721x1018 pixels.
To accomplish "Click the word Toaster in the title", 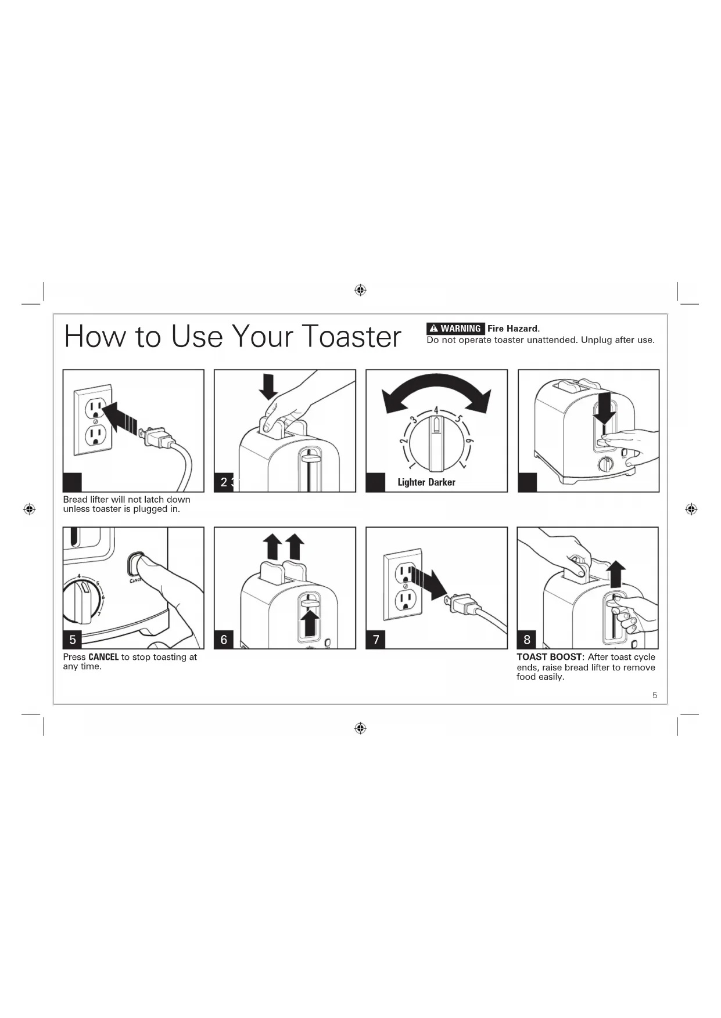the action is [x=351, y=337].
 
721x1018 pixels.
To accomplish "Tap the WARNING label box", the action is [x=455, y=328].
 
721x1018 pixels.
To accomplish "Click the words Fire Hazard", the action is [x=514, y=328].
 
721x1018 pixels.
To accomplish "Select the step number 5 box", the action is [x=73, y=640].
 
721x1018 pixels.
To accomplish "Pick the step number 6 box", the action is [x=224, y=640].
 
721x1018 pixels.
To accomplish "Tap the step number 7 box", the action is [x=376, y=640].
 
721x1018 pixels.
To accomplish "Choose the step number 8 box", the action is [x=527, y=640].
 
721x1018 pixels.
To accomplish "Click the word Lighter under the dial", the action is [x=411, y=482].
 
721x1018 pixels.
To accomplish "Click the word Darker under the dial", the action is [x=442, y=482].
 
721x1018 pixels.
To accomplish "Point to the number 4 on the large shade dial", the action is [x=436, y=411].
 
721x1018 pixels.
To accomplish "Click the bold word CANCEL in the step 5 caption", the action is [x=103, y=657].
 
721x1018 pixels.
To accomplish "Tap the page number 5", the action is [x=655, y=695].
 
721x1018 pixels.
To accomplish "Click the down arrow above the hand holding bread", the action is [x=268, y=386].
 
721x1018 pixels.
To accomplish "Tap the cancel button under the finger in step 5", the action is [x=136, y=562].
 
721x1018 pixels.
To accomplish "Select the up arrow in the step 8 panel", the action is [x=616, y=575].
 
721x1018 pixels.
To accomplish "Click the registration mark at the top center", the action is [x=360, y=290].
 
